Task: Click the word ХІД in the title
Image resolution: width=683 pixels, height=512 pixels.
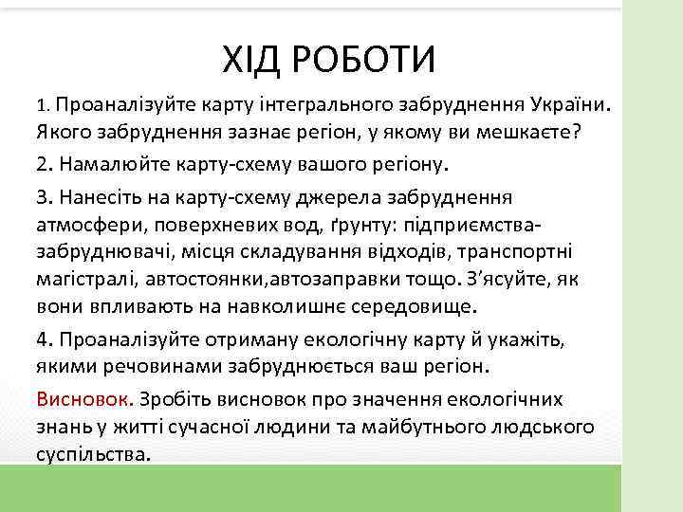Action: coord(251,61)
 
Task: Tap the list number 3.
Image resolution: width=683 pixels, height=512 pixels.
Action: coord(43,197)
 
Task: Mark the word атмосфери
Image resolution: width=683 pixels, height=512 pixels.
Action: coord(83,226)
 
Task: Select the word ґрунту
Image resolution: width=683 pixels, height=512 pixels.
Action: coord(360,226)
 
